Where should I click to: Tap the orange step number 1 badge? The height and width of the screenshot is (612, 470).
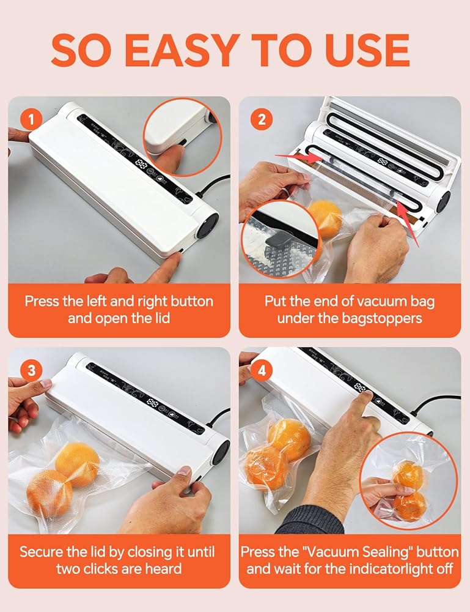pos(31,119)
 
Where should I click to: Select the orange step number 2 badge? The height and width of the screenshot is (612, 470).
pos(262,119)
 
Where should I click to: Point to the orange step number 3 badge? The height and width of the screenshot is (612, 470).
pos(31,370)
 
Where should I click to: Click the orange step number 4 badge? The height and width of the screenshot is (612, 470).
pos(262,370)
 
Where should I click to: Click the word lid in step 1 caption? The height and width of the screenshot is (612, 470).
pos(161,318)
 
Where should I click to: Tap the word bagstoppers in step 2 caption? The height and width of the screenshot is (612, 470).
pos(382,318)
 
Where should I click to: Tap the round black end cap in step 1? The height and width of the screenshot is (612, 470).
pos(206,227)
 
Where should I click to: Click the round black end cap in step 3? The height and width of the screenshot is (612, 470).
pos(220,452)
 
